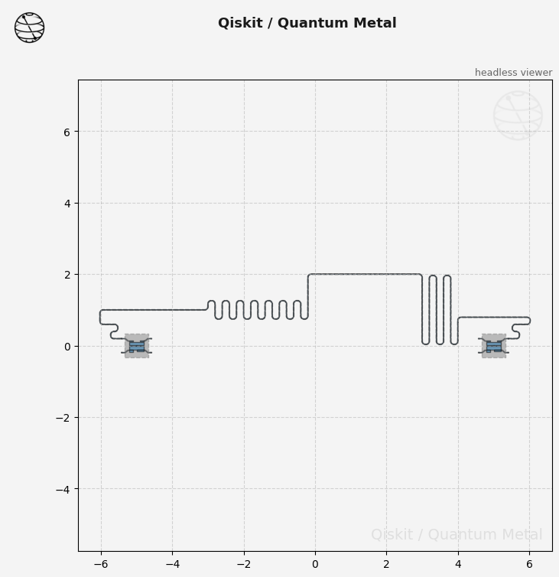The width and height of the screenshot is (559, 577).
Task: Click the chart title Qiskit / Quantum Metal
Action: [x=307, y=23]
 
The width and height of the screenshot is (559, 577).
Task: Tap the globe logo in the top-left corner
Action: [x=29, y=28]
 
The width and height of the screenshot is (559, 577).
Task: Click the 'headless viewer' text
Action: [x=513, y=73]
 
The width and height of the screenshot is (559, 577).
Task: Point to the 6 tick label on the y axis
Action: [x=67, y=132]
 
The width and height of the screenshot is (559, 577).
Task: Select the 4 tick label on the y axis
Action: [x=67, y=204]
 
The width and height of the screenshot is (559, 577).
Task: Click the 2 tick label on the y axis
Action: [x=67, y=275]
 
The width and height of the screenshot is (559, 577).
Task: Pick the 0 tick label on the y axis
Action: [x=67, y=347]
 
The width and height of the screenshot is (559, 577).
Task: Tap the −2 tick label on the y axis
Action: [x=63, y=418]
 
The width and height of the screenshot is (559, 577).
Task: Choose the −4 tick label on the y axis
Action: [x=63, y=490]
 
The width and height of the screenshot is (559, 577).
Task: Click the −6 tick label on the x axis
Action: [x=101, y=564]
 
